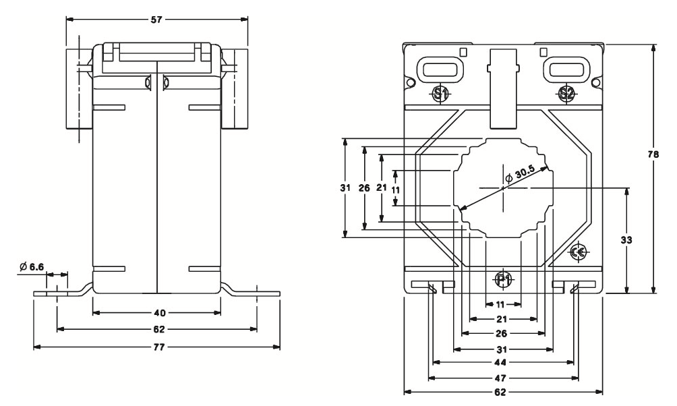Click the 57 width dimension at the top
coord(156,20)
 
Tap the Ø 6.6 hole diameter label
coord(32,266)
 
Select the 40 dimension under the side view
coord(159,313)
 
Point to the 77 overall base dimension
coord(159,347)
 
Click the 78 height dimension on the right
coord(654,154)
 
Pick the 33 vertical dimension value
coord(626,239)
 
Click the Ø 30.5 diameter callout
coord(521,173)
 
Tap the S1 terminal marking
coord(440,94)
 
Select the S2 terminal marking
coord(566,94)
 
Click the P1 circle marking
coord(502,280)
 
